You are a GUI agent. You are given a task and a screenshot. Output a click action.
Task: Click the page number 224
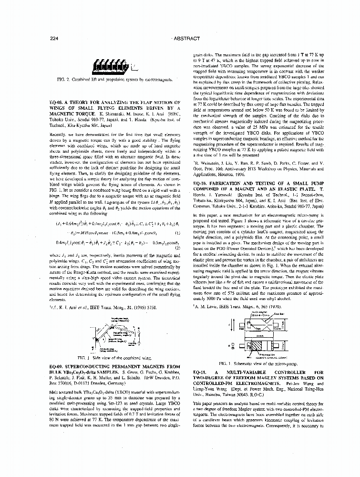coord(53,39)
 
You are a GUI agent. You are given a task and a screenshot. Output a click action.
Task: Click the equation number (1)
coord(177,233)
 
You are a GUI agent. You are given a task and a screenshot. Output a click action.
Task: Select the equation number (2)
coord(177,248)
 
